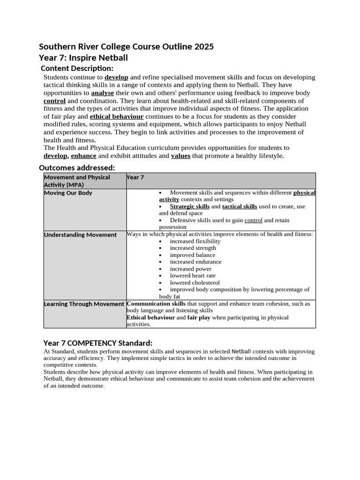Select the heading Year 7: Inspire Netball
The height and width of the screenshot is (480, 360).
(x=83, y=58)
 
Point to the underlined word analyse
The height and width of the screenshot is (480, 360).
(x=102, y=93)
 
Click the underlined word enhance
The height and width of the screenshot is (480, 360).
(x=83, y=156)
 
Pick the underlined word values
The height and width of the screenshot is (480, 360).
(x=180, y=156)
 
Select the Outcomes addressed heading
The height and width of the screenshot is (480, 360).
(x=76, y=167)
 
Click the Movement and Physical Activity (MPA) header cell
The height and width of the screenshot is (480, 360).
(x=77, y=180)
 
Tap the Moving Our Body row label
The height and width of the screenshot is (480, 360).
(x=68, y=193)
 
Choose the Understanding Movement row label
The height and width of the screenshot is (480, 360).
(x=80, y=235)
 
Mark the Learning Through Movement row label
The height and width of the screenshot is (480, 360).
(x=84, y=304)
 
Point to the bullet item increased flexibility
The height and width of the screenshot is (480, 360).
(x=195, y=241)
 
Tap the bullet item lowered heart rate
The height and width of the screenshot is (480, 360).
(x=193, y=276)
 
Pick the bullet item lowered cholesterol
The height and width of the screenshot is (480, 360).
(x=195, y=283)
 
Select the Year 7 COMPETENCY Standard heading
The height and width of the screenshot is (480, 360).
(x=97, y=343)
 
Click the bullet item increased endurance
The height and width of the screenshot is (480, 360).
(x=195, y=262)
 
